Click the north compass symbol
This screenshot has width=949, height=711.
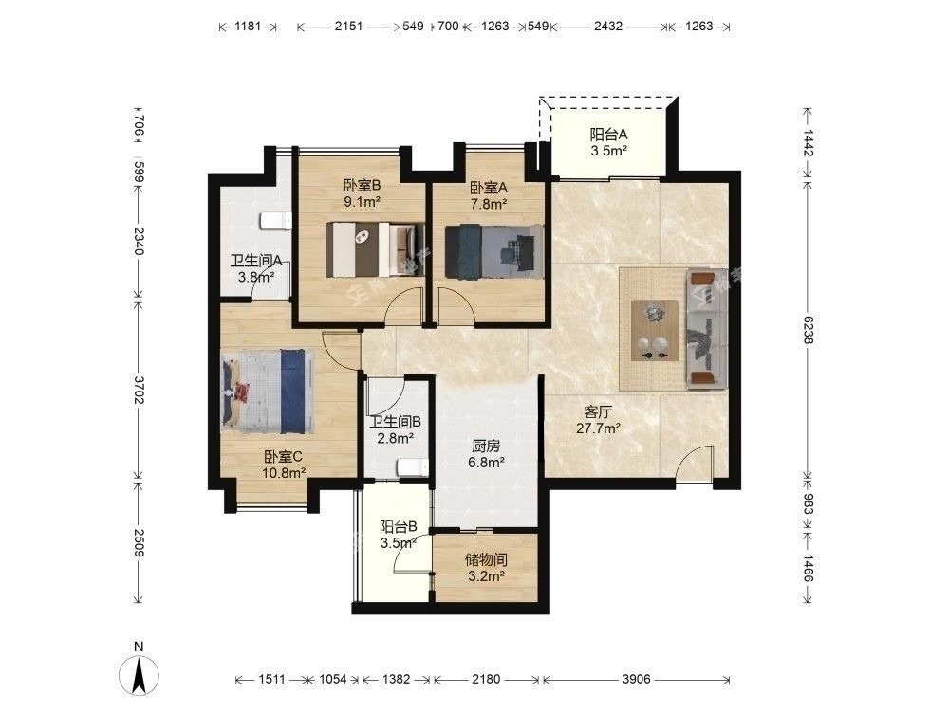140,673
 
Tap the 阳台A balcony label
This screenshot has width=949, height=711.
608,135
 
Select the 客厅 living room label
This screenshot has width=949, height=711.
598,412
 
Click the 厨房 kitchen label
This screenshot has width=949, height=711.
486,447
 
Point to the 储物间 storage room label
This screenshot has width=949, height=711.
486,560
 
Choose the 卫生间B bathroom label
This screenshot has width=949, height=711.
395,422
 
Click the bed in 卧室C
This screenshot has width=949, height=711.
268,392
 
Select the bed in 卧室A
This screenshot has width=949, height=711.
493,251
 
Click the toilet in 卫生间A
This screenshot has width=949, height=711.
275,221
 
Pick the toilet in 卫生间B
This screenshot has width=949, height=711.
413,467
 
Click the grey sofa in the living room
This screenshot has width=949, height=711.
706,330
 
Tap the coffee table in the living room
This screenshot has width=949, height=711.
655,330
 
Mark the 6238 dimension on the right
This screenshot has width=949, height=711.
808,330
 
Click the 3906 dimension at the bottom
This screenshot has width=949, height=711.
636,679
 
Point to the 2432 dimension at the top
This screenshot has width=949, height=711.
607,26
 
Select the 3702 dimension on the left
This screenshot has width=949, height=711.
140,391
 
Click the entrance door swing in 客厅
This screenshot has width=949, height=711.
694,465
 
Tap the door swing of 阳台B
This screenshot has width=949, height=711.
413,553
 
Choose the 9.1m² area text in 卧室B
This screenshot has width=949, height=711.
362,202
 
